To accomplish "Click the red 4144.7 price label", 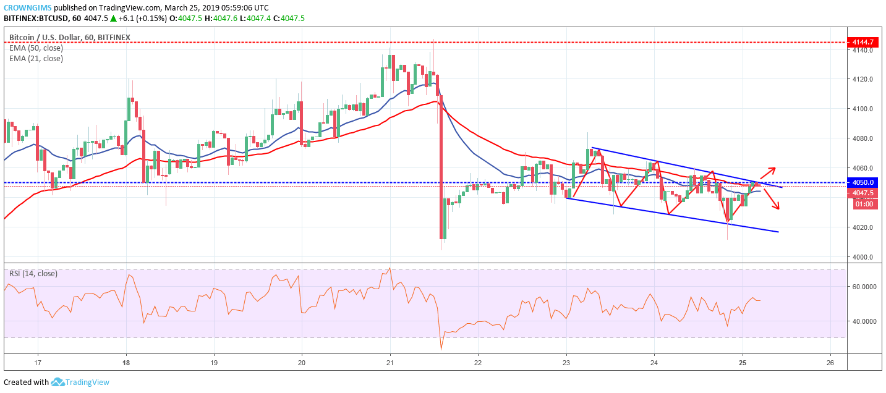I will (x=866, y=42).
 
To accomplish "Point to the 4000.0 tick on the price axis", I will (x=862, y=257).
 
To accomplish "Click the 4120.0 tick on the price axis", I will (x=862, y=80).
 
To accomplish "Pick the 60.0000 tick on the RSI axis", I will (x=864, y=287).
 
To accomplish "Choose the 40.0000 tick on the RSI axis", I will (x=864, y=321).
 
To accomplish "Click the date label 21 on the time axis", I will (x=390, y=362).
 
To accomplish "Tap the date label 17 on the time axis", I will (x=38, y=362).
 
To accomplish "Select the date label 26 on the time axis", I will (x=832, y=362).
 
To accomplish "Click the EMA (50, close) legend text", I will (x=36, y=48).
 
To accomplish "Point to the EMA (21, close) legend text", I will (x=36, y=59).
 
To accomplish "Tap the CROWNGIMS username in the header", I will (x=27, y=8).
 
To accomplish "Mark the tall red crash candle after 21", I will (x=441, y=167).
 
